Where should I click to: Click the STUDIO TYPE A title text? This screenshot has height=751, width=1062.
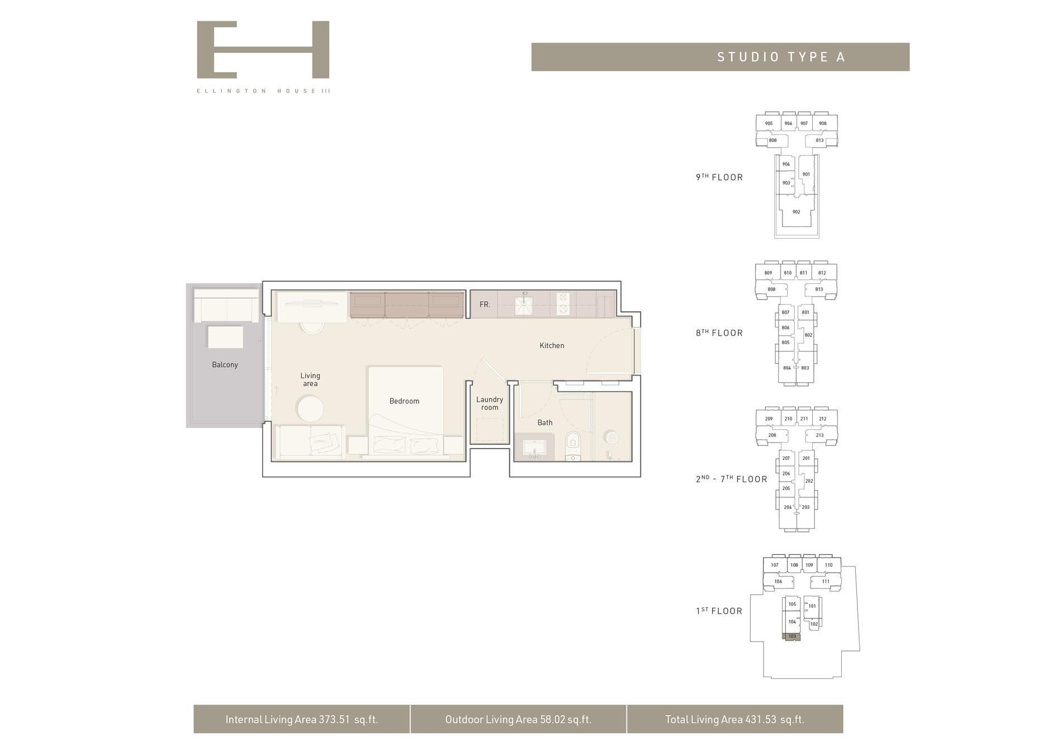pyautogui.click(x=781, y=57)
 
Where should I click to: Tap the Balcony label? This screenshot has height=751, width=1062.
pyautogui.click(x=225, y=365)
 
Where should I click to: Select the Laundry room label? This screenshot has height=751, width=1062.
pyautogui.click(x=490, y=403)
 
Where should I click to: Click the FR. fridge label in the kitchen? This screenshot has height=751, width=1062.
pyautogui.click(x=485, y=305)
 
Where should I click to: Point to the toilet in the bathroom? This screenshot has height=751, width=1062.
pyautogui.click(x=573, y=444)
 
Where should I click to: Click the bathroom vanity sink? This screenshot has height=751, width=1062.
pyautogui.click(x=534, y=448)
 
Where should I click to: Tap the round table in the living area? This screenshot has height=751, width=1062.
pyautogui.click(x=310, y=409)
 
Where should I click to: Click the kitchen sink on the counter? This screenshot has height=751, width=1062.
pyautogui.click(x=524, y=305)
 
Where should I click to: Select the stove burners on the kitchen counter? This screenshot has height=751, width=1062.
pyautogui.click(x=563, y=303)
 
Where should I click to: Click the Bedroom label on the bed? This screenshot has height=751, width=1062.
pyautogui.click(x=404, y=401)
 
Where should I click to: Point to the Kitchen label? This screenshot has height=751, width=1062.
pyautogui.click(x=552, y=346)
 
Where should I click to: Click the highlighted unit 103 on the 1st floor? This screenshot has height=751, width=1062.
pyautogui.click(x=792, y=636)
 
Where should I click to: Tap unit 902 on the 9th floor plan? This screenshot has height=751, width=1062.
pyautogui.click(x=796, y=212)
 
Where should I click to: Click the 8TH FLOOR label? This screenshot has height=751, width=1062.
pyautogui.click(x=719, y=333)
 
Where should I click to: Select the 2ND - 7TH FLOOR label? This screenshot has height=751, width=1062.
pyautogui.click(x=731, y=479)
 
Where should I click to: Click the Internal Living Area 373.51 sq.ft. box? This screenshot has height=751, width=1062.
pyautogui.click(x=302, y=719)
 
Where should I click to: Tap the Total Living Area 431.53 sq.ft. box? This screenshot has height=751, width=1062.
pyautogui.click(x=734, y=719)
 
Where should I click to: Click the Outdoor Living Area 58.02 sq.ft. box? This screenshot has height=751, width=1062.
pyautogui.click(x=518, y=719)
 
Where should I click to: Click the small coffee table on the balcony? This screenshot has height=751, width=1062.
pyautogui.click(x=225, y=338)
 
